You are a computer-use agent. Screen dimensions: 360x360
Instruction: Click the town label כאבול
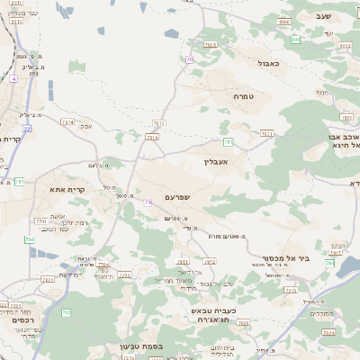(x=269, y=64)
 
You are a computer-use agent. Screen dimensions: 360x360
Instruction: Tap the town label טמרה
(x=243, y=96)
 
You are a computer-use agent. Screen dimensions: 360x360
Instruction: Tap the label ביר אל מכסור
(x=291, y=257)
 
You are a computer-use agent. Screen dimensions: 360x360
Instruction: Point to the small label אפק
(x=86, y=126)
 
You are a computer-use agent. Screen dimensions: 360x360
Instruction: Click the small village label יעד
(x=329, y=33)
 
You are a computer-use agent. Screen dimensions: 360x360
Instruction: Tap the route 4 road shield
(x=14, y=79)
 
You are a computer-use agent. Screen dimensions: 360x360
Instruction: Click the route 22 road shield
(x=27, y=129)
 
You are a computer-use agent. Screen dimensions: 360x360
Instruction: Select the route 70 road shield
(x=190, y=58)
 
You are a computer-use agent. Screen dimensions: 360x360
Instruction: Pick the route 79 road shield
(x=148, y=202)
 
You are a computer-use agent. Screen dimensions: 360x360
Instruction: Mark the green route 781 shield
(x=229, y=142)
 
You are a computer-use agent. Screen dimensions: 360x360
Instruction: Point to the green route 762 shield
(x=66, y=312)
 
